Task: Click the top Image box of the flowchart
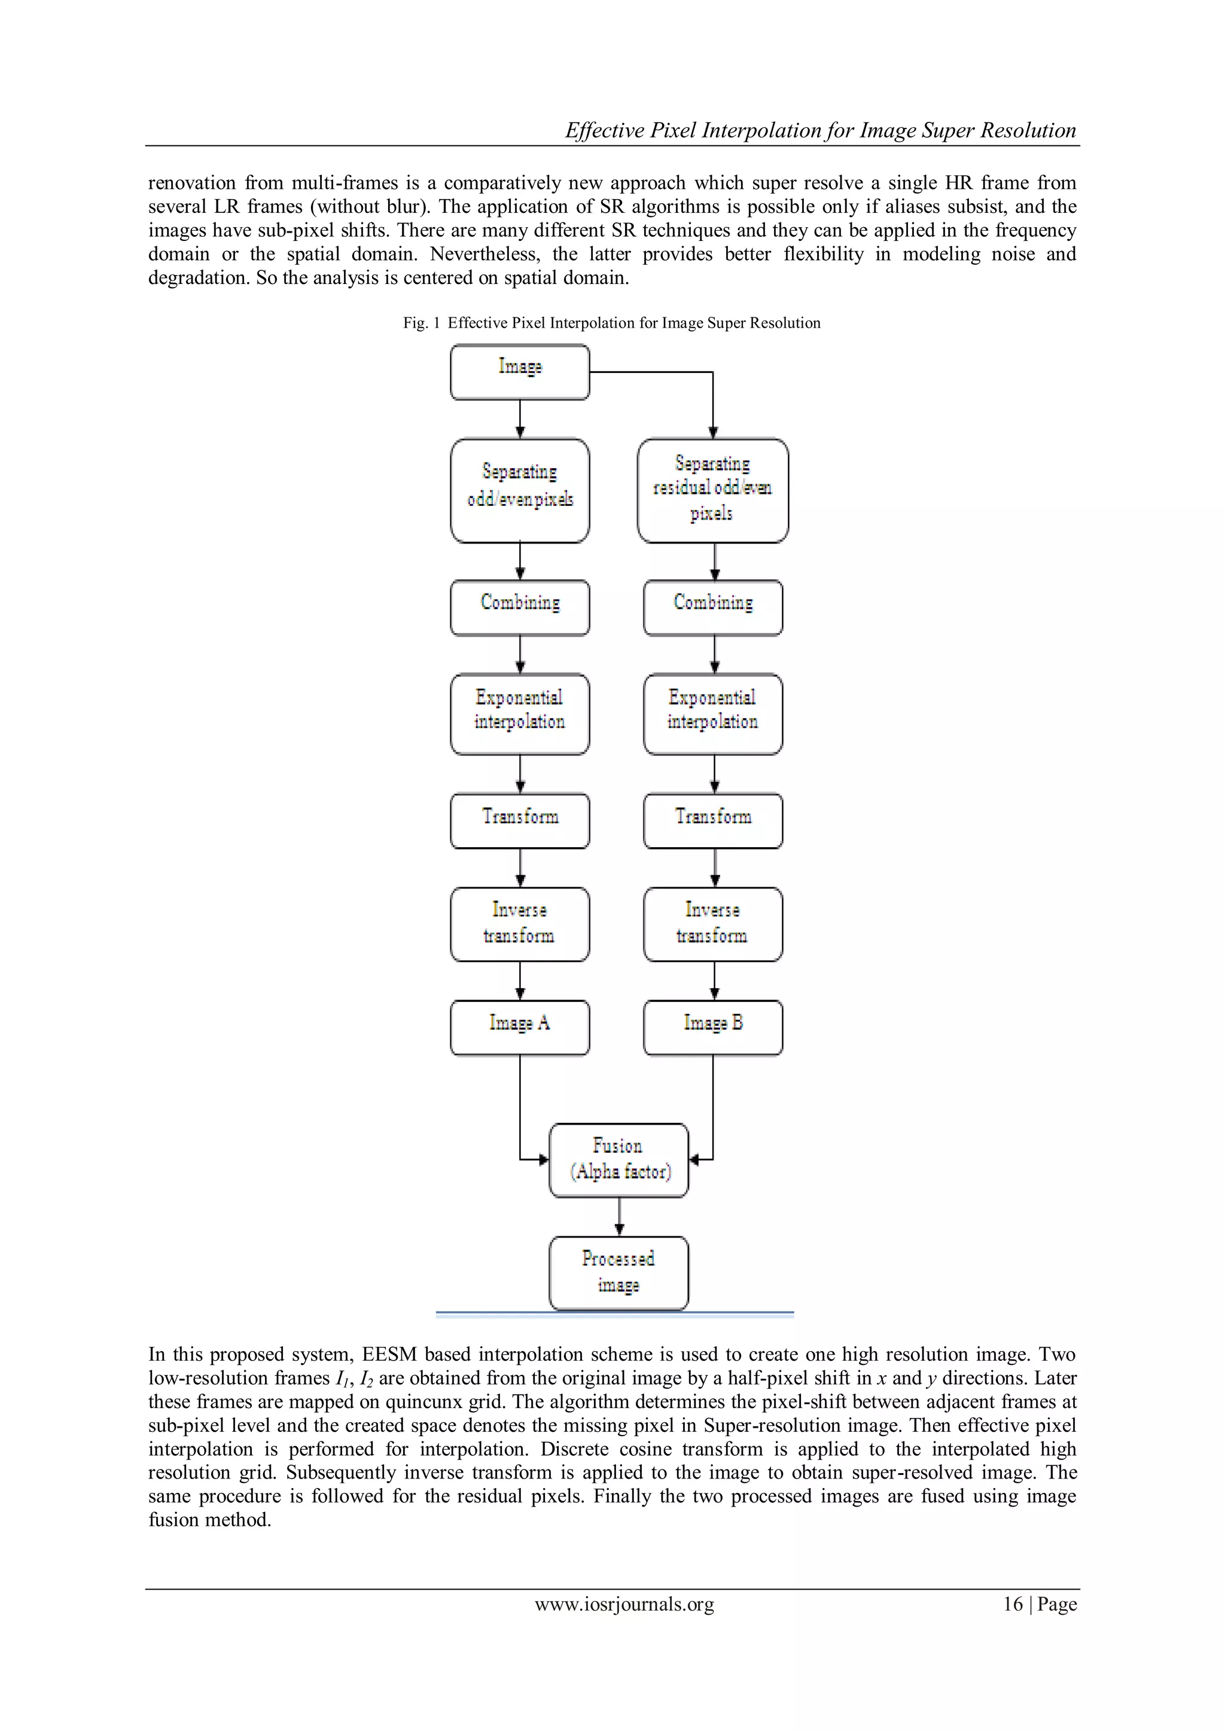pyautogui.click(x=519, y=372)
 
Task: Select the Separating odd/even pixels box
pyautogui.click(x=519, y=490)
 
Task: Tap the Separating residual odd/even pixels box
pyautogui.click(x=712, y=490)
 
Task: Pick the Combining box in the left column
pyautogui.click(x=519, y=607)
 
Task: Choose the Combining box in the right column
pyautogui.click(x=712, y=607)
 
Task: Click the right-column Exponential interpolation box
pyautogui.click(x=712, y=714)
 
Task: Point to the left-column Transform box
pyautogui.click(x=519, y=820)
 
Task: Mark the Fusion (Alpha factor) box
pyautogui.click(x=619, y=1159)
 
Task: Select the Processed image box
pyautogui.click(x=619, y=1272)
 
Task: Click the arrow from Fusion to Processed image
pyautogui.click(x=619, y=1216)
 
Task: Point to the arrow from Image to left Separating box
pyautogui.click(x=520, y=419)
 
